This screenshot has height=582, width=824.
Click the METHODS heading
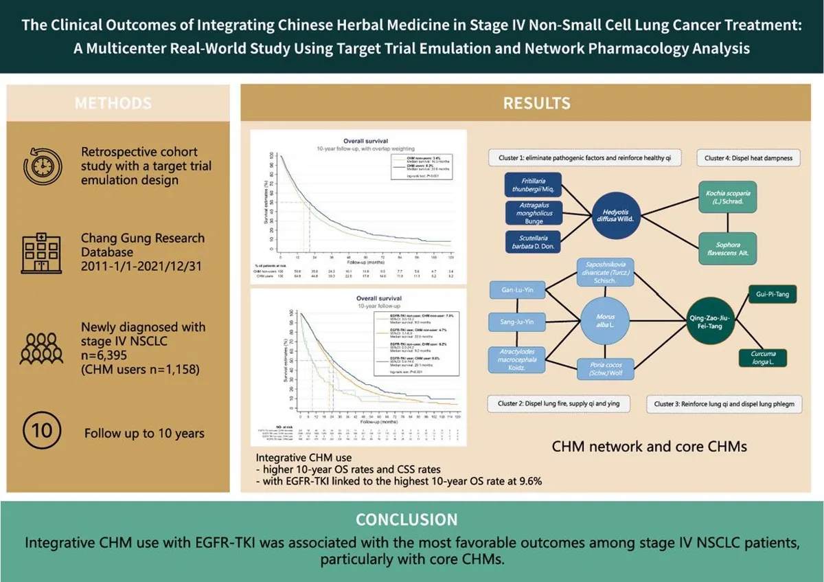(113, 104)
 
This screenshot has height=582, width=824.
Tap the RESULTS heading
(527, 104)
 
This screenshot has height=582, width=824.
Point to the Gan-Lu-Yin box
(519, 290)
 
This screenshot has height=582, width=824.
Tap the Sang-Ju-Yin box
(519, 321)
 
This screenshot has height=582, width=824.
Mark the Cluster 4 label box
(748, 158)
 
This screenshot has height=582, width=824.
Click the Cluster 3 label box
(724, 404)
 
